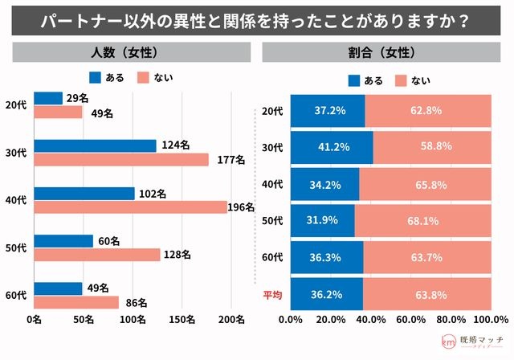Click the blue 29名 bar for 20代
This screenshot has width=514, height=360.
48,98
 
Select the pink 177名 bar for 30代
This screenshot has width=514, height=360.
121,160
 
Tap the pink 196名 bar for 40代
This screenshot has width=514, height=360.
130,207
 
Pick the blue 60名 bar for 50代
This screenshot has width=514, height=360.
63,241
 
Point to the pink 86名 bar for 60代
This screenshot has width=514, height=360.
76,302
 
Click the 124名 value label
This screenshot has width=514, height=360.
176,145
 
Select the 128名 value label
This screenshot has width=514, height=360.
177,255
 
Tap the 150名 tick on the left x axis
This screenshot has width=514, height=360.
182,319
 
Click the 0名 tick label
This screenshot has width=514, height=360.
34,319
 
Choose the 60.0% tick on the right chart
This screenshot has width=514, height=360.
411,319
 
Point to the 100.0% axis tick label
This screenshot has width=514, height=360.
491,319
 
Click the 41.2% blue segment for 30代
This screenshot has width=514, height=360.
332,147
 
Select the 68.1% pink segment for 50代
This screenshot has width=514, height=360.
423,221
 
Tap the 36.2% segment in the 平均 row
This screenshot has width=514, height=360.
327,294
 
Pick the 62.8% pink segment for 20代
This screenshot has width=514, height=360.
428,111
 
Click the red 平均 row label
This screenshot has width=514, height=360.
272,295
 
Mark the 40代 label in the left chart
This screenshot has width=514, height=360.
16,200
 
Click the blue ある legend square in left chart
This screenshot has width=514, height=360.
95,77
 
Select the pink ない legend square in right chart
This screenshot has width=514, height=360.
401,80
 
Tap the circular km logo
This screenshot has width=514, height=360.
448,342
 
